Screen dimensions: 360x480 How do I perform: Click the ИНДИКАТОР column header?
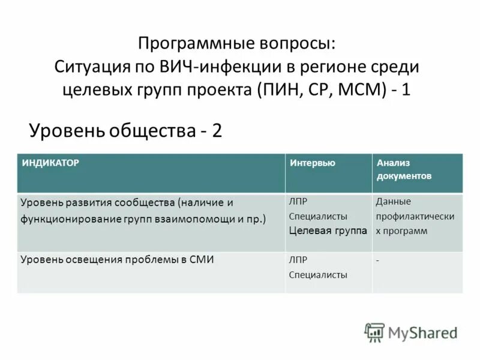click(x=51, y=163)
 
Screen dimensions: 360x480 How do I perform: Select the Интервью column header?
click(x=312, y=163)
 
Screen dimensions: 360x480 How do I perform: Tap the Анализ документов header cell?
click(x=403, y=170)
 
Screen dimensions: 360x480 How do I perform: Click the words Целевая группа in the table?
click(x=328, y=230)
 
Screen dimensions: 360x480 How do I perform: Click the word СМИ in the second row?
click(x=202, y=260)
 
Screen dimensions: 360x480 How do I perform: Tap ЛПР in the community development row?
click(x=298, y=202)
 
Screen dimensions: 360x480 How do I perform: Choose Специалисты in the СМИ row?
click(x=318, y=275)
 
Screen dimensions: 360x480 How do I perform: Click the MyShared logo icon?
click(x=374, y=332)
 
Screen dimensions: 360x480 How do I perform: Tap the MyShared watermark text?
click(x=422, y=332)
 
